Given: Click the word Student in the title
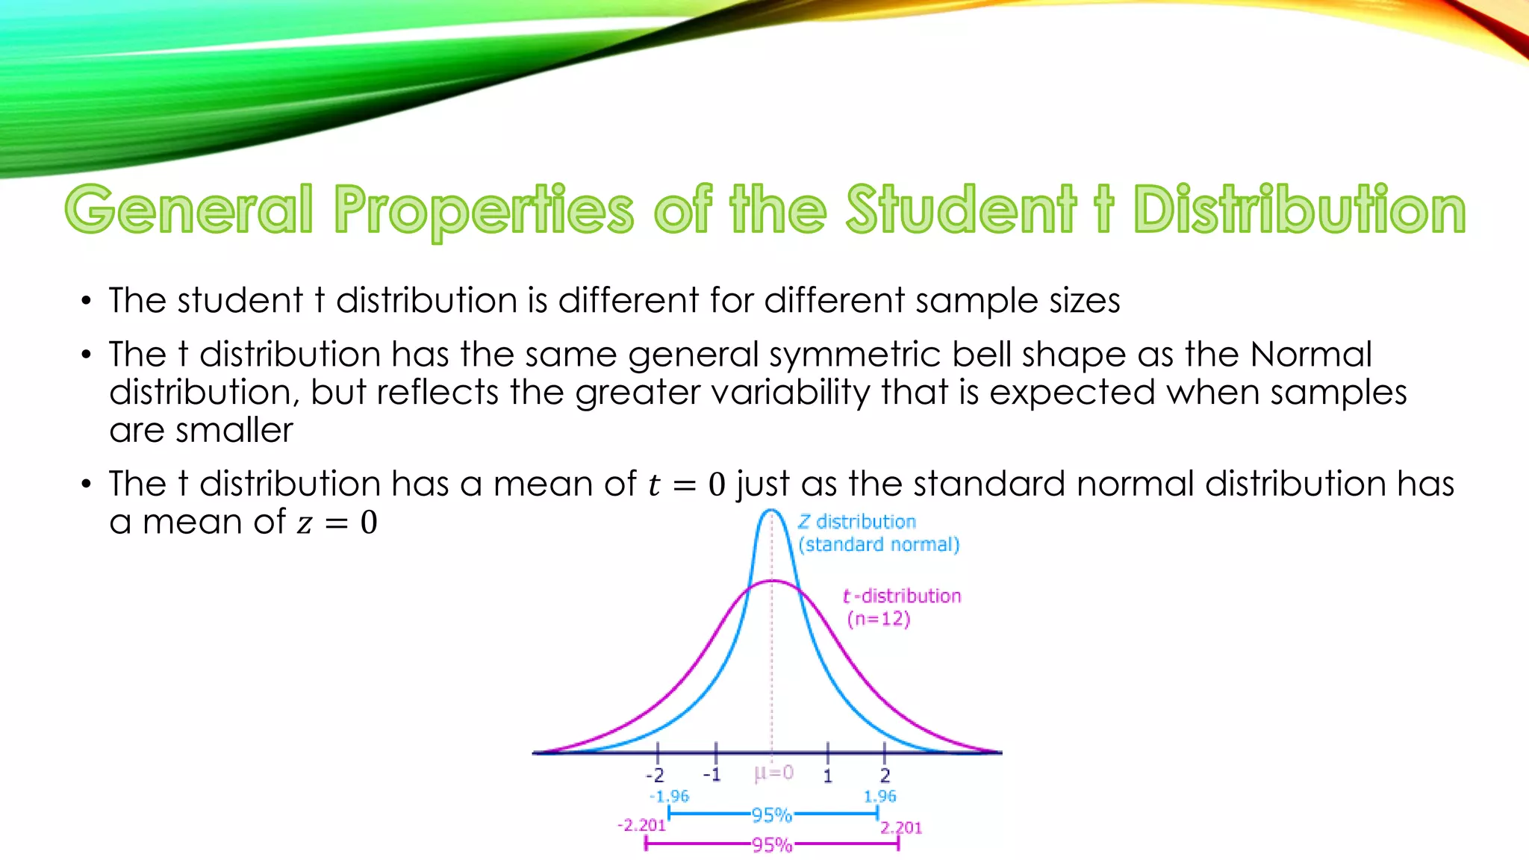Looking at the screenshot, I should [x=961, y=210].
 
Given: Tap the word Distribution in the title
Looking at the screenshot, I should [x=1299, y=210].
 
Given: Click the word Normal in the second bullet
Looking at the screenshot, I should [x=1311, y=354].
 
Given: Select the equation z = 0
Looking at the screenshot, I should [x=337, y=522].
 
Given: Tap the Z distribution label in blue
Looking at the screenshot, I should [x=857, y=522].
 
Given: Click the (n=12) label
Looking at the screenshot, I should [x=879, y=619].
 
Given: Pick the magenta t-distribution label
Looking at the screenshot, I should [x=902, y=596].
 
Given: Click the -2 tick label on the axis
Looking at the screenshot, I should [x=655, y=776].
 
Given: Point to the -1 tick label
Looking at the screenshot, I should [x=712, y=775].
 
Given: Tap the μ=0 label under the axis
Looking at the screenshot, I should [x=773, y=773].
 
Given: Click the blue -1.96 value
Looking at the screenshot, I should [x=670, y=797].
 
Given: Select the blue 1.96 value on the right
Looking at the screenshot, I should [x=879, y=797].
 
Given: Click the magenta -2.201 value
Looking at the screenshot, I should [x=641, y=825].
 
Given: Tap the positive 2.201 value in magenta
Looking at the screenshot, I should [x=901, y=827].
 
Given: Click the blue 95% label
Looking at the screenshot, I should [x=771, y=814].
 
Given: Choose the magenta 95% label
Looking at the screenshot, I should [x=771, y=845].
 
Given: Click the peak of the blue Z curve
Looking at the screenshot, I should [x=772, y=511].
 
